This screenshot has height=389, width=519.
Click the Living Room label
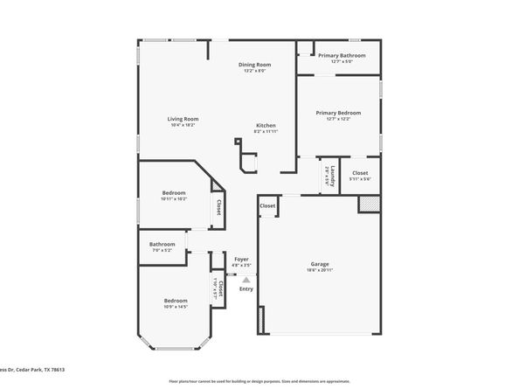tap(183, 119)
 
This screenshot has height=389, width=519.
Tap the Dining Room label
tap(255, 65)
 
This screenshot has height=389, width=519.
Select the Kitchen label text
tap(266, 126)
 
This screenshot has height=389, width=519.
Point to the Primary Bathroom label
tap(342, 56)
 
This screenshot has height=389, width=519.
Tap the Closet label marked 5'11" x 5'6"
tap(360, 173)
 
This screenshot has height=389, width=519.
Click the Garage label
tap(320, 264)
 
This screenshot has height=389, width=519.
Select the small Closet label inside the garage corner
tap(267, 206)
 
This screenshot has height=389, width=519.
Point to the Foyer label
tap(242, 259)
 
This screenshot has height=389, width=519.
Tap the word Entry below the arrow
tap(246, 289)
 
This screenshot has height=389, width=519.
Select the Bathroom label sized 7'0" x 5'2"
tap(162, 244)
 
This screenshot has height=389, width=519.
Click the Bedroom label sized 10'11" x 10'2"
tap(174, 193)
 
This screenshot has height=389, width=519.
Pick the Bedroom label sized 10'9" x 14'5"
tap(176, 302)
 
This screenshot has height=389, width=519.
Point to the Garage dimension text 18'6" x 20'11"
tap(320, 270)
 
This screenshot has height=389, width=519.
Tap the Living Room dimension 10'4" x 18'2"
tap(183, 125)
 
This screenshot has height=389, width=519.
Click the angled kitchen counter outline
tap(249, 162)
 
